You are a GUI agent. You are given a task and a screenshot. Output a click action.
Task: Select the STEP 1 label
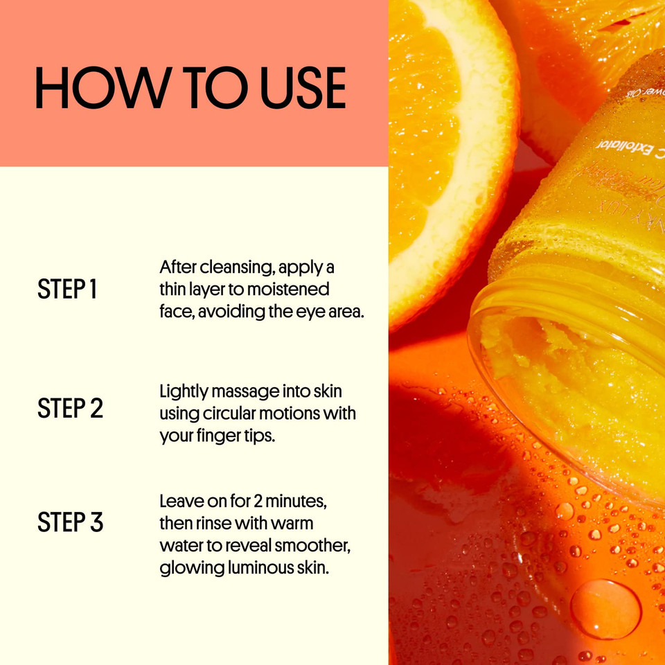click(x=67, y=290)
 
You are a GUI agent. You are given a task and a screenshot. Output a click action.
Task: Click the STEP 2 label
click(x=70, y=408)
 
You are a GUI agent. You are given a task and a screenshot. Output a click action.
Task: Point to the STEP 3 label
click(x=70, y=522)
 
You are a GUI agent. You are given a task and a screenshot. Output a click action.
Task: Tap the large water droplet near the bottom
click(x=605, y=610)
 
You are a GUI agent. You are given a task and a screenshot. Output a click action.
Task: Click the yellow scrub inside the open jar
click(x=554, y=374)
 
